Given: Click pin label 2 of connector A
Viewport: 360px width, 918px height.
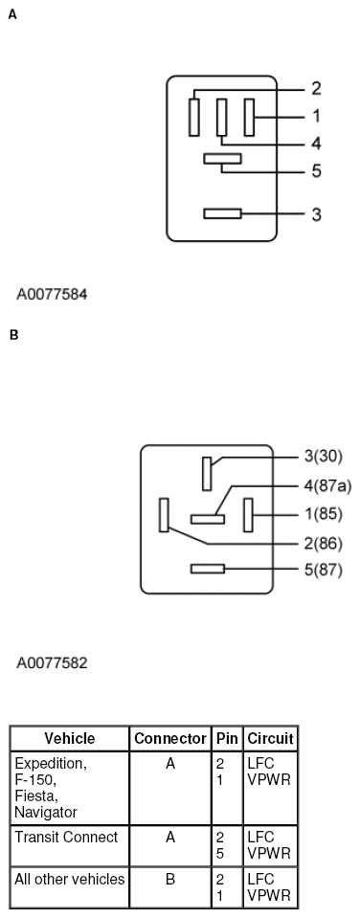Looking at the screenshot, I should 315,89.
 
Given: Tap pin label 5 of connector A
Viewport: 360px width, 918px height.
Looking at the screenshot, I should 315,172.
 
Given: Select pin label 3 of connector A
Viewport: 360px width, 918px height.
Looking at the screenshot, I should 316,213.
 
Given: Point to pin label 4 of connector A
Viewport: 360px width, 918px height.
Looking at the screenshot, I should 315,145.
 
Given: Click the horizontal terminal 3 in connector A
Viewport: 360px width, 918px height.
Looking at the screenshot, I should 222,213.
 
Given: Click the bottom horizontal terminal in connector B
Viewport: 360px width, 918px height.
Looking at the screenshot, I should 208,569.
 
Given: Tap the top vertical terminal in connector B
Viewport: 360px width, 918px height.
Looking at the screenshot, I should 207,473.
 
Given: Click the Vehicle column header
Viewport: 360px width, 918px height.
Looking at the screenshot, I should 70,739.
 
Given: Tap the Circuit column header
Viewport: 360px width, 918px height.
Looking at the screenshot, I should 270,739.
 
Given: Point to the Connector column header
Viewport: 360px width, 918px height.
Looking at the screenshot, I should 169,739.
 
